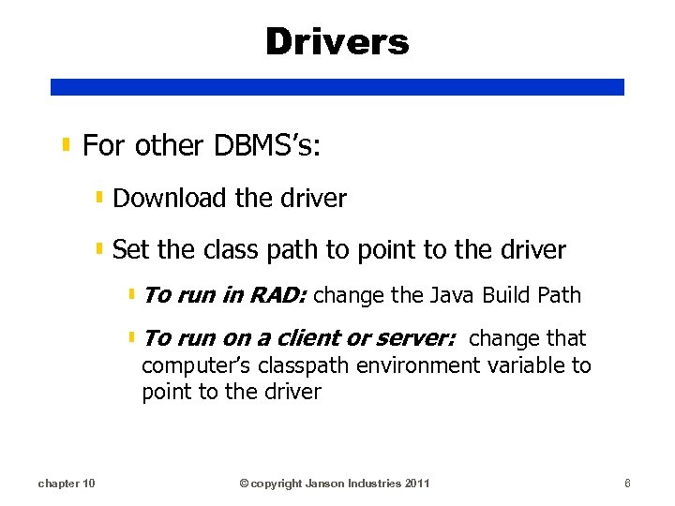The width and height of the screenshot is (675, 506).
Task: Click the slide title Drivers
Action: (337, 42)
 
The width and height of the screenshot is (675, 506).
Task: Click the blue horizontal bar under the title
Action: (337, 87)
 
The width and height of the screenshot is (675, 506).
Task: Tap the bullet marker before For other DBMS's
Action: (67, 145)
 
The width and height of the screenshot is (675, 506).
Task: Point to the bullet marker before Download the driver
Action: (99, 198)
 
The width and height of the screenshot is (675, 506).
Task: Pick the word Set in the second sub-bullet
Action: (129, 250)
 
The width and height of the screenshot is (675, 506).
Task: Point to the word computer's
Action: (193, 365)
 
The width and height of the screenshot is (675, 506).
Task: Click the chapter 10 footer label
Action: (66, 483)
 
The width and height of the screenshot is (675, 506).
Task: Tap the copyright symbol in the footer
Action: (244, 484)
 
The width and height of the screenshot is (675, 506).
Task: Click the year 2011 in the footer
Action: (417, 483)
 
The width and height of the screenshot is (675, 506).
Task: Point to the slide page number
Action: (627, 483)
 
